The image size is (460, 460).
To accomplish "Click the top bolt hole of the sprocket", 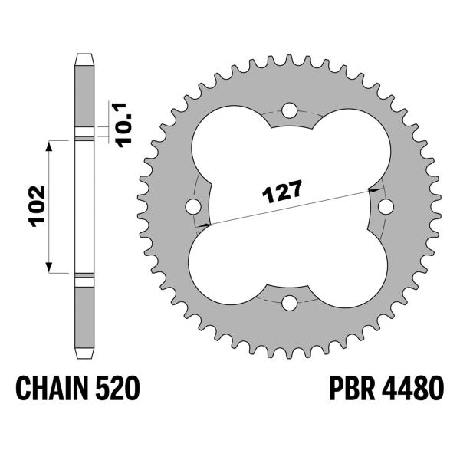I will [289, 110].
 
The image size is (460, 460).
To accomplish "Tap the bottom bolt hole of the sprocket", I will [289, 303].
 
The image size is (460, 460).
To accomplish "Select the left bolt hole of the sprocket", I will [192, 206].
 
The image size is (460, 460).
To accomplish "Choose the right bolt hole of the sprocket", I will [386, 206].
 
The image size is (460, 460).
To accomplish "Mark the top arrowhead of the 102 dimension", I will [52, 145].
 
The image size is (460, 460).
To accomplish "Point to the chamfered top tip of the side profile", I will [84, 58].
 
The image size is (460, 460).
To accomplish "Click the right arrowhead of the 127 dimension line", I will [373, 189].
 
